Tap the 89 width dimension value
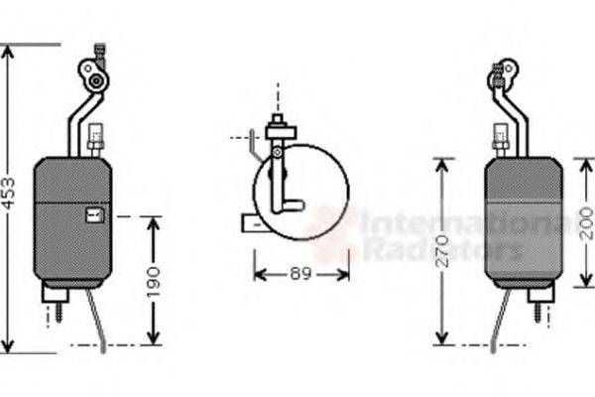click(300, 273)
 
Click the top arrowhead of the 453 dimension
click(8, 51)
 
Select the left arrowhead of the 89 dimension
click(260, 273)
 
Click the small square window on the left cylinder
click(94, 214)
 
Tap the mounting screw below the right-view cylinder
click(538, 313)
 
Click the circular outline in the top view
click(301, 193)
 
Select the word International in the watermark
click(466, 224)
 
